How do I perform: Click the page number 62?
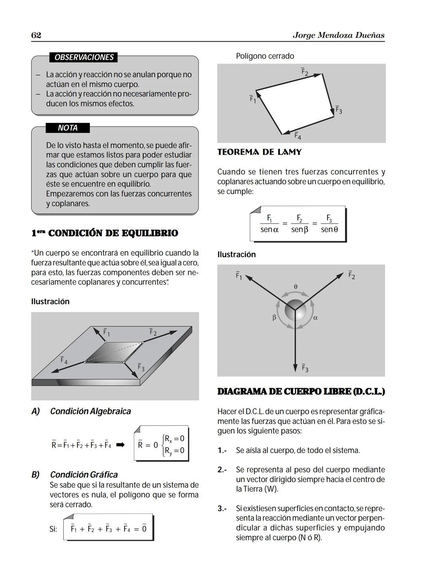36,35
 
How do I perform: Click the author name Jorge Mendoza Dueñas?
338,35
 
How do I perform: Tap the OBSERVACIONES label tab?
84,57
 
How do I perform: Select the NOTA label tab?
67,128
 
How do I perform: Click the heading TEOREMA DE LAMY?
259,152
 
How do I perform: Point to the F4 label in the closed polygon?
298,136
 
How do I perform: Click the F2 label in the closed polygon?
304,72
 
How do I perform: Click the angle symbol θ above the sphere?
295,287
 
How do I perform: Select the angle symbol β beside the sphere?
274,318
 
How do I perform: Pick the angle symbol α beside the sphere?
315,318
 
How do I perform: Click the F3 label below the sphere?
305,368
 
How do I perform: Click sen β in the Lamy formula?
299,230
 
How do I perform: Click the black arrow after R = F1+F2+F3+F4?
120,445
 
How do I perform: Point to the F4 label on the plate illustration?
64,360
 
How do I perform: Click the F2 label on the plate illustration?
153,332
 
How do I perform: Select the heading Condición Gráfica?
84,475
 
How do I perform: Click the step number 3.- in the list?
222,509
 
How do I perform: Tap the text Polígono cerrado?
265,56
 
